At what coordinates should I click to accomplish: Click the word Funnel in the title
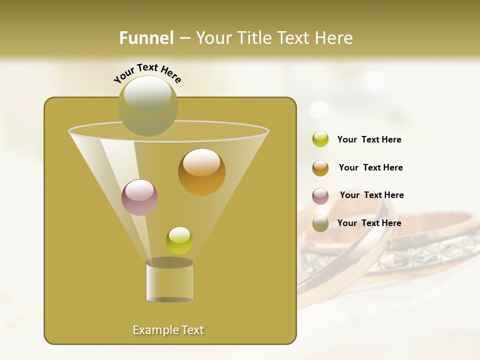[x=146, y=38]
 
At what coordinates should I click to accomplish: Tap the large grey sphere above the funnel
[x=147, y=105]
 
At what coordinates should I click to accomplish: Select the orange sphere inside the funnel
[x=201, y=172]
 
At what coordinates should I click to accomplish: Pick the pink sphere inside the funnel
[x=139, y=197]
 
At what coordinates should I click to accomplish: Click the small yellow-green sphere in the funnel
[x=179, y=240]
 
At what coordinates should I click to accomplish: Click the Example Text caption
[x=168, y=330]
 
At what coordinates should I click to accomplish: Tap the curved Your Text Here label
[x=147, y=72]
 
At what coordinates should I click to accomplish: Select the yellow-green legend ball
[x=320, y=139]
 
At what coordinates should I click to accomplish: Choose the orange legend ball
[x=320, y=168]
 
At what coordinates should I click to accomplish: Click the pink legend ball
[x=320, y=196]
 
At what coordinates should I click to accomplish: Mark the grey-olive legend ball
[x=320, y=223]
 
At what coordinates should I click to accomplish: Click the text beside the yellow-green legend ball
[x=369, y=140]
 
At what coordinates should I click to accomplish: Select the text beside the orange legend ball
[x=370, y=167]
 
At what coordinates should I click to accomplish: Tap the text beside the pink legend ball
[x=371, y=195]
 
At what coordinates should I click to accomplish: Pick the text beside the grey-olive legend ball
[x=369, y=223]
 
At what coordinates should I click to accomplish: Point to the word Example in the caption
[x=154, y=330]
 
